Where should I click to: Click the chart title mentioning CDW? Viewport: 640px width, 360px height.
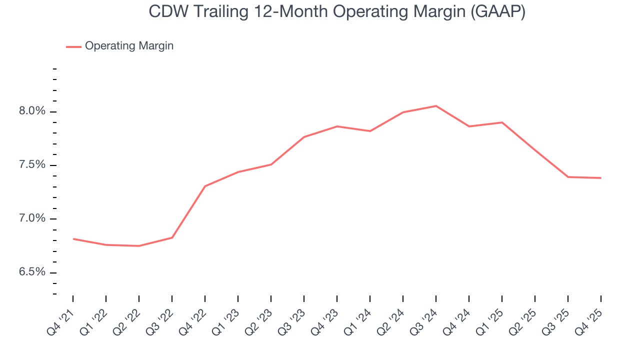pos(337,12)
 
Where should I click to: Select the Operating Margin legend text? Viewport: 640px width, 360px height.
pos(129,46)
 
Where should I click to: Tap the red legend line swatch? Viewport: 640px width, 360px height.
pos(73,46)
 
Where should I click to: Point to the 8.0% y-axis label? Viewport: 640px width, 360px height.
pos(32,111)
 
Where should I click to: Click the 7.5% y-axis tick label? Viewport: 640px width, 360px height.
pos(32,165)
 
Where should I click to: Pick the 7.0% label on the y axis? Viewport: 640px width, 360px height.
pos(32,218)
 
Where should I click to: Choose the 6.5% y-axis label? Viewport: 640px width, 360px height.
pos(32,272)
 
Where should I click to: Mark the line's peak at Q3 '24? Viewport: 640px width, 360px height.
pos(436,106)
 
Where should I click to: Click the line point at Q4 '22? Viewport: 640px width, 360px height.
pos(205,186)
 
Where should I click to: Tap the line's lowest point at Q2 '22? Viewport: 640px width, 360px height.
pos(139,246)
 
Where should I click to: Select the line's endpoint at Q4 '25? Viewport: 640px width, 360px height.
pos(600,178)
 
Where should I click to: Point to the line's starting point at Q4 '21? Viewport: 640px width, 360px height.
pos(73,239)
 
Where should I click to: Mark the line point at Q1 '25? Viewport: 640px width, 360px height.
pos(502,122)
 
